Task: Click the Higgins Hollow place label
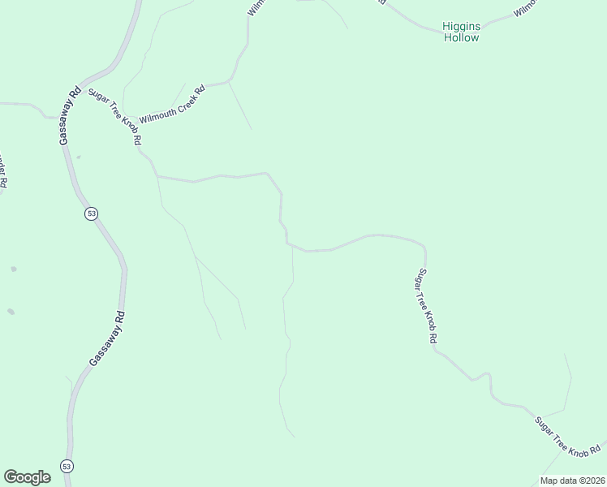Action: (461, 32)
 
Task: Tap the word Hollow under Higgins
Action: (461, 37)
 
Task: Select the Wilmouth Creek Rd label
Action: (172, 103)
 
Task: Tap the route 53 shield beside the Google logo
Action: (67, 466)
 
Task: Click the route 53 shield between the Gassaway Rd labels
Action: (90, 213)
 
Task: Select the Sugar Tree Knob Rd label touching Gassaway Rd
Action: (116, 117)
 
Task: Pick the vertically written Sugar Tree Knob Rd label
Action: (428, 305)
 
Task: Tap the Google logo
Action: (27, 477)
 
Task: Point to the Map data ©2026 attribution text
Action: (572, 480)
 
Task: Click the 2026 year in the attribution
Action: (592, 480)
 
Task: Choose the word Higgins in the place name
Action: (461, 26)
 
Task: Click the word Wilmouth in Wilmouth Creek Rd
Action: (157, 111)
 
